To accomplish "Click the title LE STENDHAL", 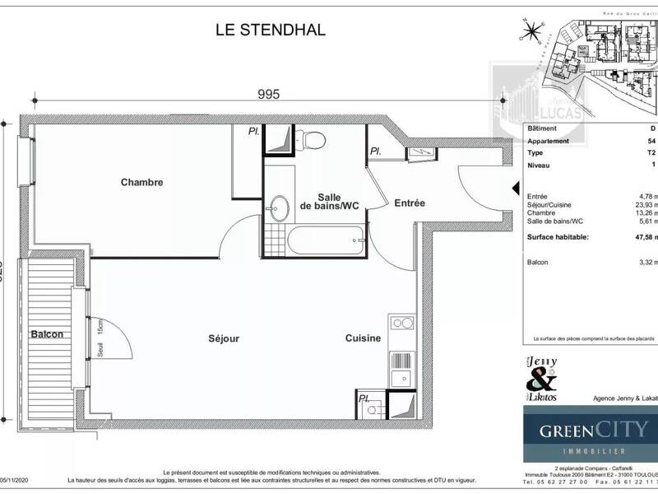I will tap(270, 30).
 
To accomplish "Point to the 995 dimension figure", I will tap(268, 94).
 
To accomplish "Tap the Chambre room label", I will tap(141, 182).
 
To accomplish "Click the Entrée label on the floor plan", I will tap(409, 203).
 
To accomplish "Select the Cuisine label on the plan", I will tap(362, 338).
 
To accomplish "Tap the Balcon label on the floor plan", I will tap(48, 335).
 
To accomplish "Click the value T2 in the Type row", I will tap(653, 152).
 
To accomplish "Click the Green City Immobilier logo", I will tap(591, 435).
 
